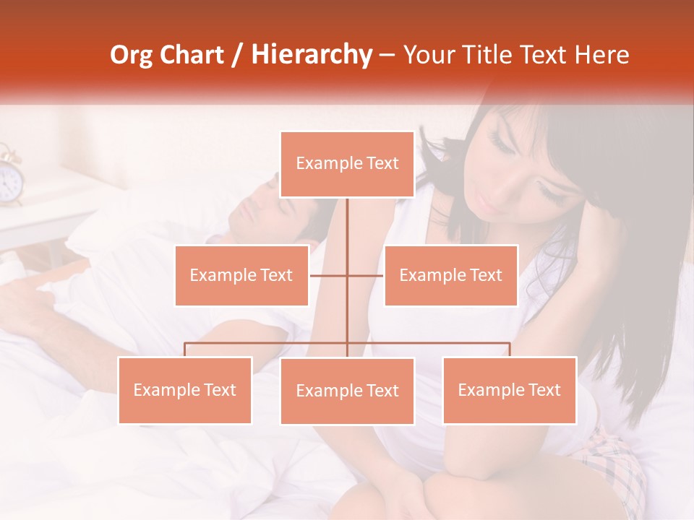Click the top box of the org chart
pos(347,164)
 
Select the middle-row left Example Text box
pos(241,275)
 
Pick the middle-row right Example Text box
pos(450,275)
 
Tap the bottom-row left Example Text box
pos(185,390)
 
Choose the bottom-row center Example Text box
pos(347,391)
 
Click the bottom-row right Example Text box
pos(509,390)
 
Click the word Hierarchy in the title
pos(311,55)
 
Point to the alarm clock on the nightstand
pos(9,178)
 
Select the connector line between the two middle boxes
pos(346,275)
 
